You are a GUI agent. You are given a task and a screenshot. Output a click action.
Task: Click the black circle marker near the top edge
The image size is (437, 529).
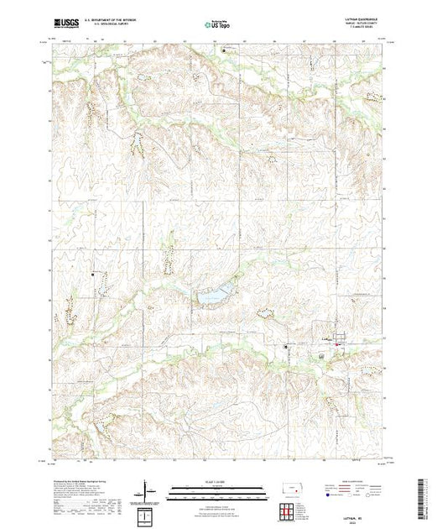(224, 51)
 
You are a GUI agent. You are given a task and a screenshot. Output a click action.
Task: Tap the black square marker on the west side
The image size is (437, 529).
(93, 274)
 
